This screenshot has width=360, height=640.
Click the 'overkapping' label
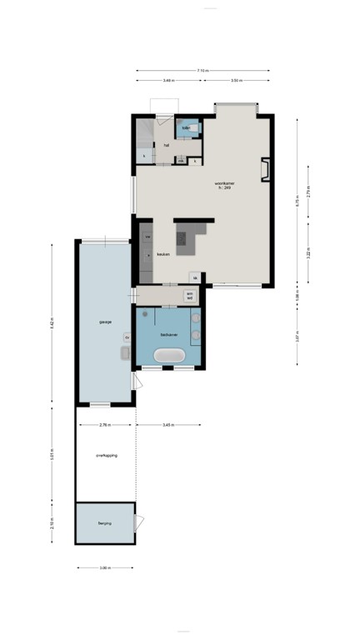coord(104,456)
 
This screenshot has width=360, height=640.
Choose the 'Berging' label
coord(104,523)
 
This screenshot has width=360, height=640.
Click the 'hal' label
coord(167,145)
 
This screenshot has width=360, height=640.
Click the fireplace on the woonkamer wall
coord(265,169)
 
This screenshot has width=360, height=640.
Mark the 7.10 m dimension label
coord(203,71)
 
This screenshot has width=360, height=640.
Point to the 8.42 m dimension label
coord(52,321)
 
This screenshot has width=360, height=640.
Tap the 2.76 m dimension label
coord(104,425)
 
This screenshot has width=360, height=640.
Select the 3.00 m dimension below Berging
coord(104,568)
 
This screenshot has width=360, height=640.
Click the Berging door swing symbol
coord(139,523)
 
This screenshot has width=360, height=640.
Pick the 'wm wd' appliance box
coord(190,295)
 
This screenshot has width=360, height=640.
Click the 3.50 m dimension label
coord(237,81)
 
